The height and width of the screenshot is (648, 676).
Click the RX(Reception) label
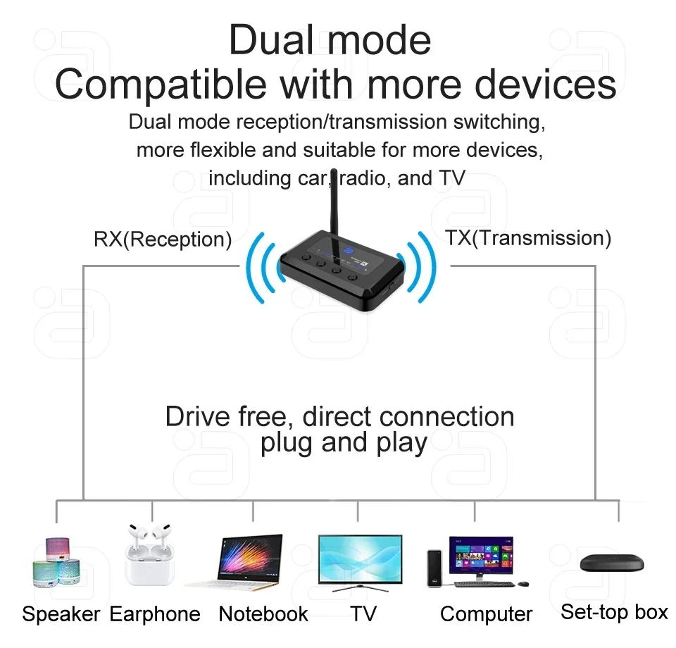tap(163, 239)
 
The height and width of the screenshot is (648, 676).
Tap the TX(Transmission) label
tap(527, 238)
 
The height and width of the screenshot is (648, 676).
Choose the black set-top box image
tap(611, 563)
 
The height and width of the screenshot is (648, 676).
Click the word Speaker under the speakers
tap(61, 614)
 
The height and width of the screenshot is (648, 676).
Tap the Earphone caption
tap(155, 614)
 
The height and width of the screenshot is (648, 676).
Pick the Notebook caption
tap(263, 614)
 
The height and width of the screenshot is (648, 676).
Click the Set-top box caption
tap(614, 612)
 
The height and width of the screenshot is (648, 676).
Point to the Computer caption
tap(486, 614)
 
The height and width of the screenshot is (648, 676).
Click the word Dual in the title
tap(273, 39)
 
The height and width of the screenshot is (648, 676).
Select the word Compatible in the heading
tap(161, 85)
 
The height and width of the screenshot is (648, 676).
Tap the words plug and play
tap(344, 443)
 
